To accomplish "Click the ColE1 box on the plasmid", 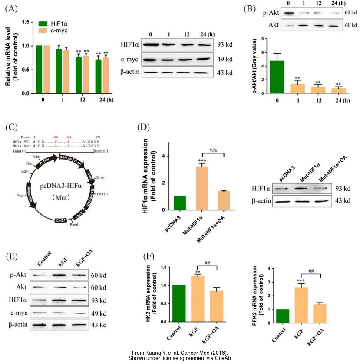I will [61, 221].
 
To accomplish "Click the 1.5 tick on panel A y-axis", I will [26, 21].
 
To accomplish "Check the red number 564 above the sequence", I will [70, 136].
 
